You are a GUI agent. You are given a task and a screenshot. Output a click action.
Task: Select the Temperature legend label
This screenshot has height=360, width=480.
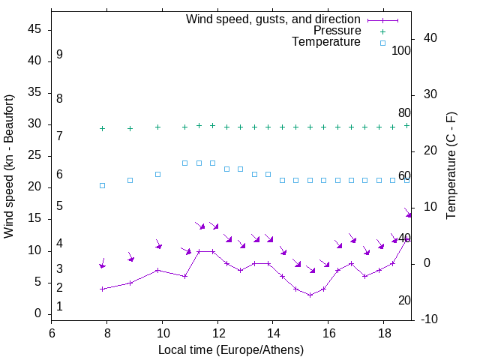pos(326,42)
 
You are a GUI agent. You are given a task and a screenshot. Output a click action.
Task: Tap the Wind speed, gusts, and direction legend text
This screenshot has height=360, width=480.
pos(273,19)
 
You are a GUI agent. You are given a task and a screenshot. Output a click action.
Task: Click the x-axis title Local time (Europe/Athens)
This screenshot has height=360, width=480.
pos(231,350)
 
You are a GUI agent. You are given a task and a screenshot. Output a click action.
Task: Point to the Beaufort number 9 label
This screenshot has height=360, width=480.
pos(59,55)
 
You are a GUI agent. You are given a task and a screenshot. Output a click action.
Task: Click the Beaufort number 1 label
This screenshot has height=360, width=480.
pos(59,307)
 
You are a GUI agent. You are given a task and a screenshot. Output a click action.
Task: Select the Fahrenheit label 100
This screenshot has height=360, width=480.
pos(401,51)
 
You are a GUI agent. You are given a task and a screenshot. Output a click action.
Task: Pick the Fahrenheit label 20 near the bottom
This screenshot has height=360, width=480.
pos(404,300)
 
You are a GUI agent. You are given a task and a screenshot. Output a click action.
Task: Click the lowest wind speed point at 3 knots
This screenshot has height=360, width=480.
pos(310,295)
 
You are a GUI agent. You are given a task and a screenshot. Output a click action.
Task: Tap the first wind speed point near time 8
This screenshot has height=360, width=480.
pos(102,289)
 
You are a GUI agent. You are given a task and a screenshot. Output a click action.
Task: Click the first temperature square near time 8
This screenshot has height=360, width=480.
pos(102,185)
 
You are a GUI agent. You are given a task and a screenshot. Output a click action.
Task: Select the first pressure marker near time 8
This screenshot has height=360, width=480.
pos(102,128)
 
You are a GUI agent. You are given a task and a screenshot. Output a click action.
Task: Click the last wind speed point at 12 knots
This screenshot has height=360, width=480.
pos(406,238)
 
